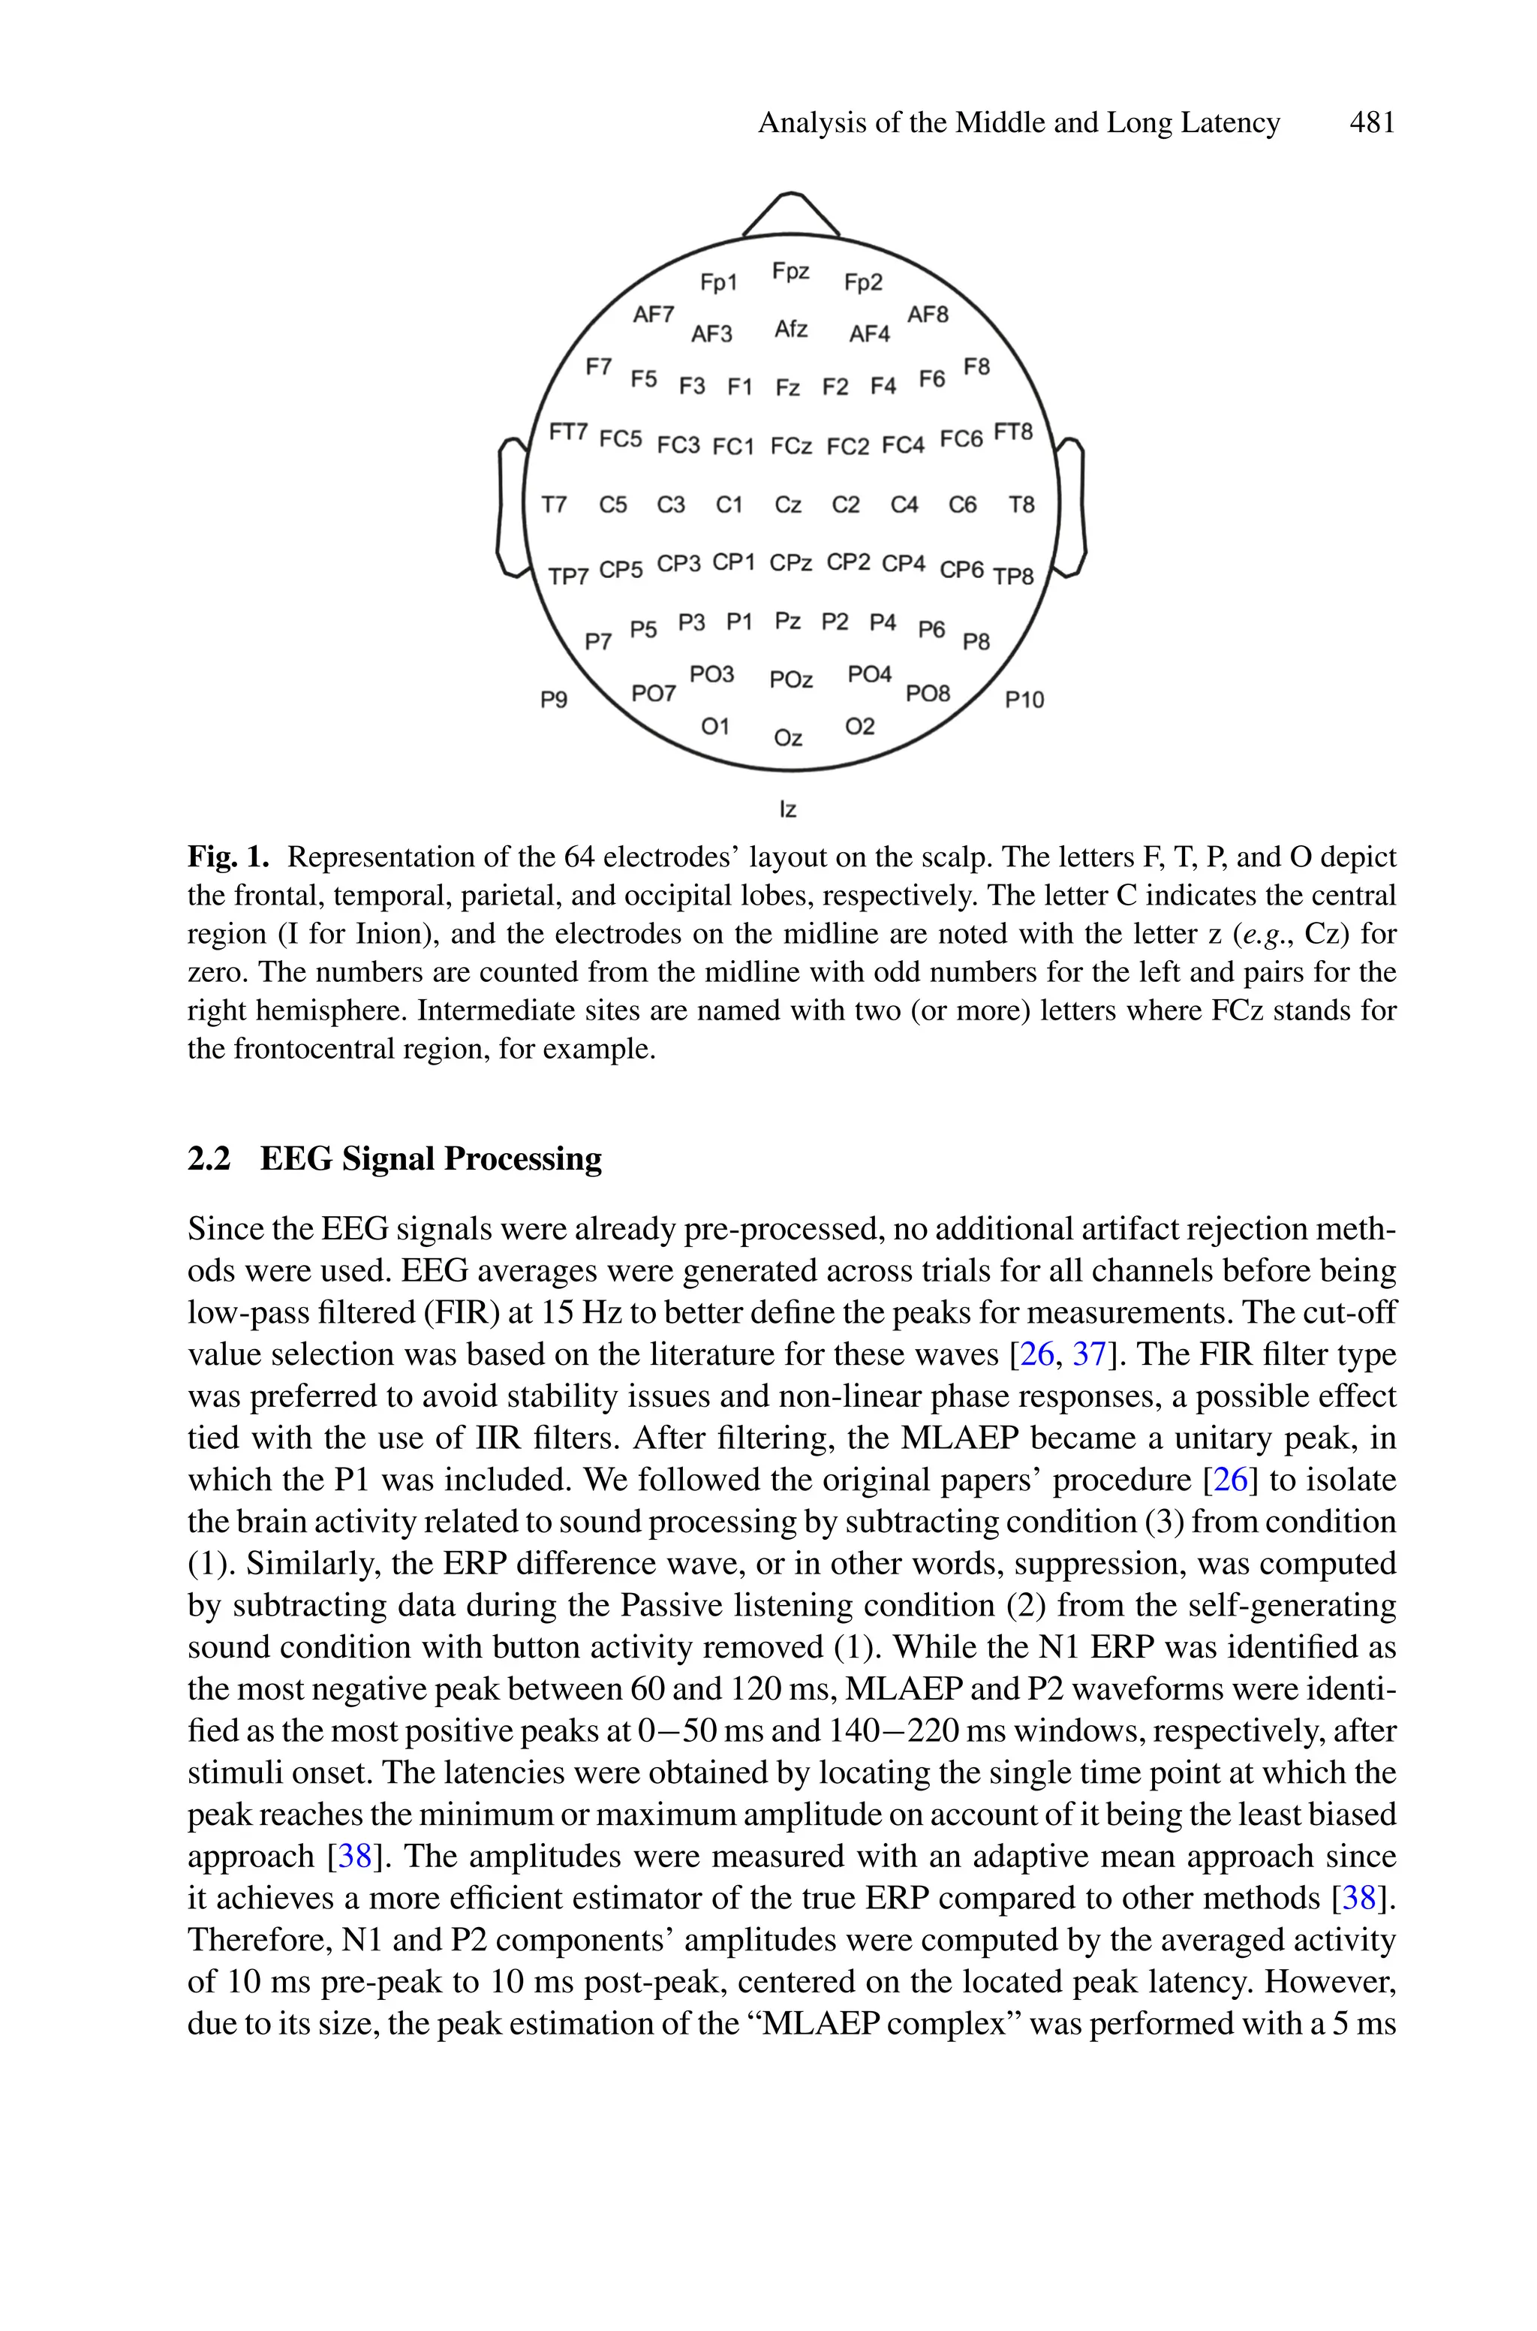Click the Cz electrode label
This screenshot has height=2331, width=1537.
[x=787, y=504]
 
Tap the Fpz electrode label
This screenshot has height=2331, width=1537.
[x=790, y=272]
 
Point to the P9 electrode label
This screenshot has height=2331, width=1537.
[x=554, y=699]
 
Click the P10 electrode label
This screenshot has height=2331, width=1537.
[x=1024, y=699]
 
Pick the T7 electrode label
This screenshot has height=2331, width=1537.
[x=554, y=504]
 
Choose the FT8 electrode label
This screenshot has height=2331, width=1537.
[x=1014, y=432]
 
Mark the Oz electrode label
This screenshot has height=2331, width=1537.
[x=787, y=737]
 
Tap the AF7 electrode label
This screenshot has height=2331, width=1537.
[x=653, y=314]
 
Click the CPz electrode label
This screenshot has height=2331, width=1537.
[x=790, y=562]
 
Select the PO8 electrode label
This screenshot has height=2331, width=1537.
[x=928, y=693]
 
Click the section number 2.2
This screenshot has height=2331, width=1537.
[x=209, y=1158]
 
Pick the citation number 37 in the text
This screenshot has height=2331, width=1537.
[x=1089, y=1354]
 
